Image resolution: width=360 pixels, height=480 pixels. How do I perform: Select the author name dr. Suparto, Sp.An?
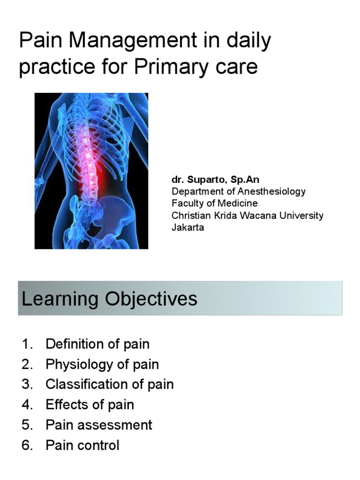[x=215, y=180]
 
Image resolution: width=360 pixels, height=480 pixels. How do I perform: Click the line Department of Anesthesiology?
[x=239, y=191]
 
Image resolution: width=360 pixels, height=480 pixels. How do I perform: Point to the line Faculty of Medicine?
[x=215, y=203]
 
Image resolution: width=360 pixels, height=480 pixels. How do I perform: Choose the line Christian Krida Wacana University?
[x=247, y=216]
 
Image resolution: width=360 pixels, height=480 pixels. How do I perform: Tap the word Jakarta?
[x=188, y=228]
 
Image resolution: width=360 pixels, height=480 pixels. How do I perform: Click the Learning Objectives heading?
[x=109, y=299]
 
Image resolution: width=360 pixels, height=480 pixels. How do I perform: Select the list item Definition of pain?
[x=97, y=344]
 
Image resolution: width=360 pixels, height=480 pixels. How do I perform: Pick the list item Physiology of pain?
[x=102, y=364]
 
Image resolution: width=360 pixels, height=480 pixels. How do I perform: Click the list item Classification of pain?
[x=110, y=384]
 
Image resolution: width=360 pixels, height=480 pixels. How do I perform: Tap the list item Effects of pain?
[x=90, y=405]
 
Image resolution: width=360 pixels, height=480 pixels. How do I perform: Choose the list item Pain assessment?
[x=99, y=425]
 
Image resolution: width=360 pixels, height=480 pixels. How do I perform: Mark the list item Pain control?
[x=82, y=445]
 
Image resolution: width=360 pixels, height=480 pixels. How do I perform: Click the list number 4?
[x=26, y=405]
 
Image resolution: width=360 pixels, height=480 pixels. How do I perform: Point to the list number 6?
[x=26, y=445]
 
